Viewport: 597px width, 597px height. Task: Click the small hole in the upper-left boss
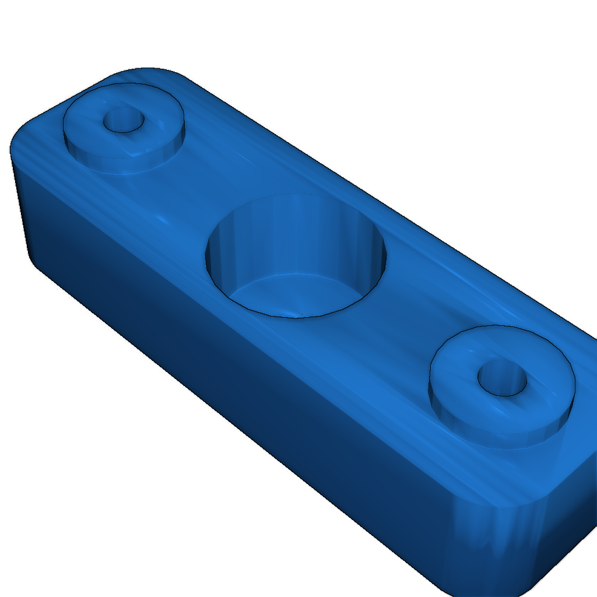coord(124,120)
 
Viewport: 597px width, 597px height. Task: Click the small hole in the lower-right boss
coord(502,378)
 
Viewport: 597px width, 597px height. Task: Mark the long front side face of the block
coord(233,361)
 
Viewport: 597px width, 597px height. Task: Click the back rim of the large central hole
coord(297,195)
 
